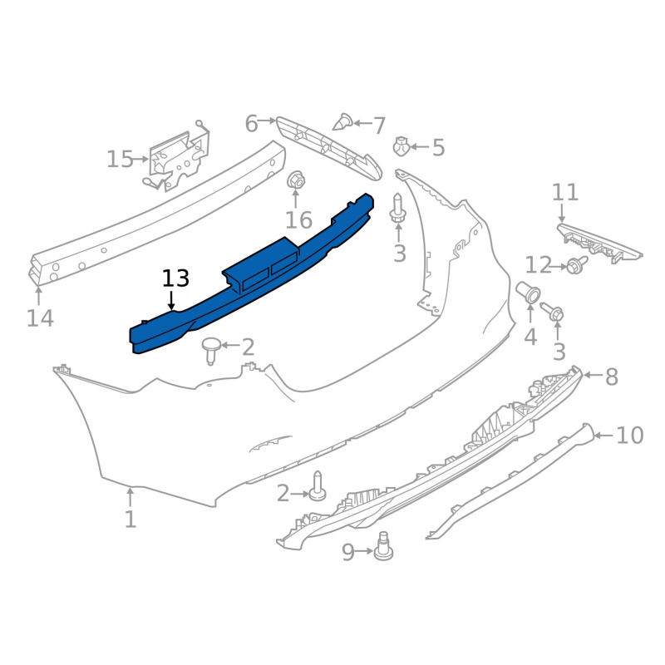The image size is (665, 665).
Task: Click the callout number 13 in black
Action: coord(175,278)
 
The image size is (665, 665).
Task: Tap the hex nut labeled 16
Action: coord(296,180)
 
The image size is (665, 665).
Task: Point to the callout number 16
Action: coord(298,220)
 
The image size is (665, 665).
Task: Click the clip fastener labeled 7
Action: coord(343,122)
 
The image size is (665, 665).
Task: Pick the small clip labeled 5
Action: coord(401,146)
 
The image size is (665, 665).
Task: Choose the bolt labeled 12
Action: coord(577,264)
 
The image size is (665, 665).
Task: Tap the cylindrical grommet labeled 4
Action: coord(528,292)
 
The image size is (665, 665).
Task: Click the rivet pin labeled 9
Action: coord(383,546)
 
